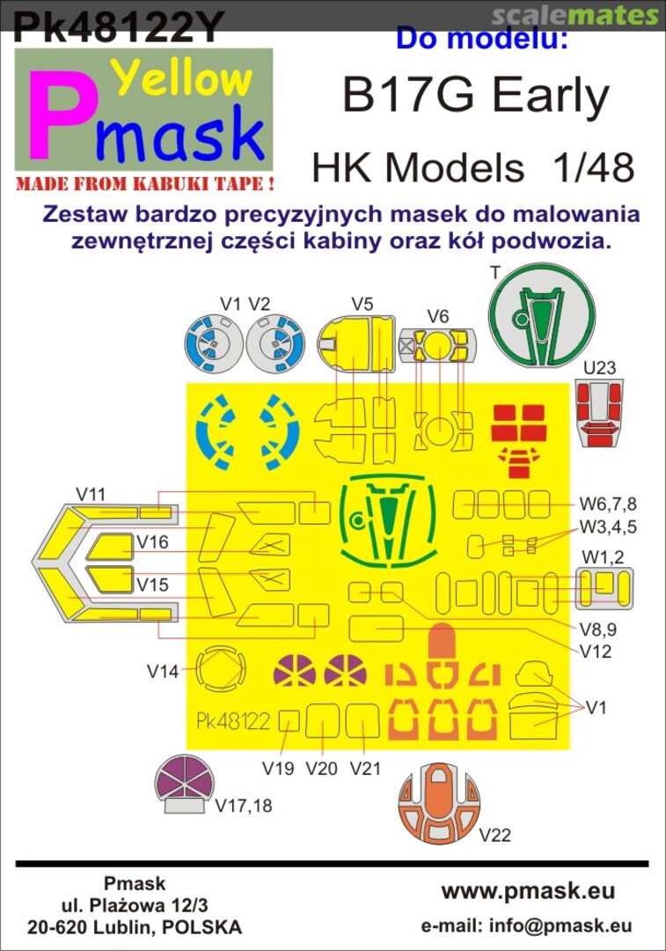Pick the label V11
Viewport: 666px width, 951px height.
[x=91, y=494]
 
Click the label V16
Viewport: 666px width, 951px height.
[x=151, y=542]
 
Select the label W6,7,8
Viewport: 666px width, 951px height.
[x=608, y=505]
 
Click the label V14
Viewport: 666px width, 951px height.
[x=163, y=672]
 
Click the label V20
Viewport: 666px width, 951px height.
[x=321, y=768]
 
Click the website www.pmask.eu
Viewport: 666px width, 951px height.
[x=528, y=891]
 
